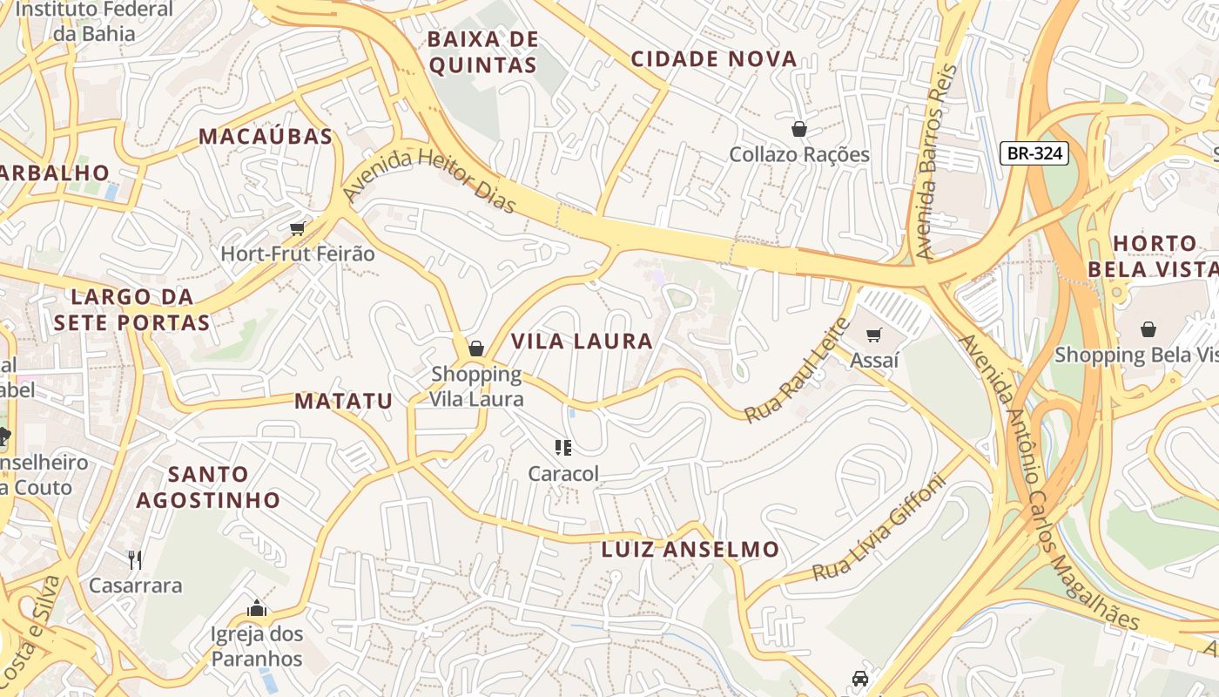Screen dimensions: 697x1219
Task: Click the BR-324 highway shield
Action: tap(1034, 153)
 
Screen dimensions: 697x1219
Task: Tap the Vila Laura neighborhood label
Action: tap(582, 341)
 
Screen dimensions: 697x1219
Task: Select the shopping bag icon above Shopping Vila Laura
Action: tap(476, 348)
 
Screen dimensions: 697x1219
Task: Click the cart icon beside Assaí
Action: tap(874, 335)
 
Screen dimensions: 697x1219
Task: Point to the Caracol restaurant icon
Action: tap(563, 448)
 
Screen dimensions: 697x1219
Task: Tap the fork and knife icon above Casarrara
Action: tap(135, 558)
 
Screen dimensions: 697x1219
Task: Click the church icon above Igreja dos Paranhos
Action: tap(256, 607)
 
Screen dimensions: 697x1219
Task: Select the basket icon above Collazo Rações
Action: tap(798, 129)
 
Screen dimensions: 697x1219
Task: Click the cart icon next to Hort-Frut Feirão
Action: tap(297, 228)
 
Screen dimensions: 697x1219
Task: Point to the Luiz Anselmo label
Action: tap(690, 550)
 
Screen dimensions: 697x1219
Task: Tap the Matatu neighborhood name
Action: tap(343, 401)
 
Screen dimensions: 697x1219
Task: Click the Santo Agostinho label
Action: tap(208, 487)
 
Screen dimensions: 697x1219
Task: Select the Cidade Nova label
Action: tap(713, 59)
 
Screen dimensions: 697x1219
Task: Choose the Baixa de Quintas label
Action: tap(483, 52)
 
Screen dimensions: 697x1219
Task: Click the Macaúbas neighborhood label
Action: tap(266, 136)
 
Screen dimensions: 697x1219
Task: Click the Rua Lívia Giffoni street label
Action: tap(879, 528)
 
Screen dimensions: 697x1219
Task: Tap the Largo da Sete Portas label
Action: tap(131, 309)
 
